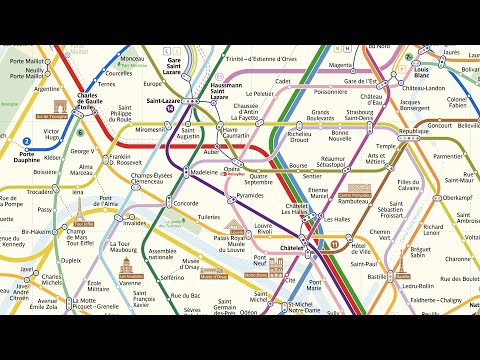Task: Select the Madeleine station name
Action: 204,172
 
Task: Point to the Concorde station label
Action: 186,203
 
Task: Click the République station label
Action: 414,131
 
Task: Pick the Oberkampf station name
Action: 456,197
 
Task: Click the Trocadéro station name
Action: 41,190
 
